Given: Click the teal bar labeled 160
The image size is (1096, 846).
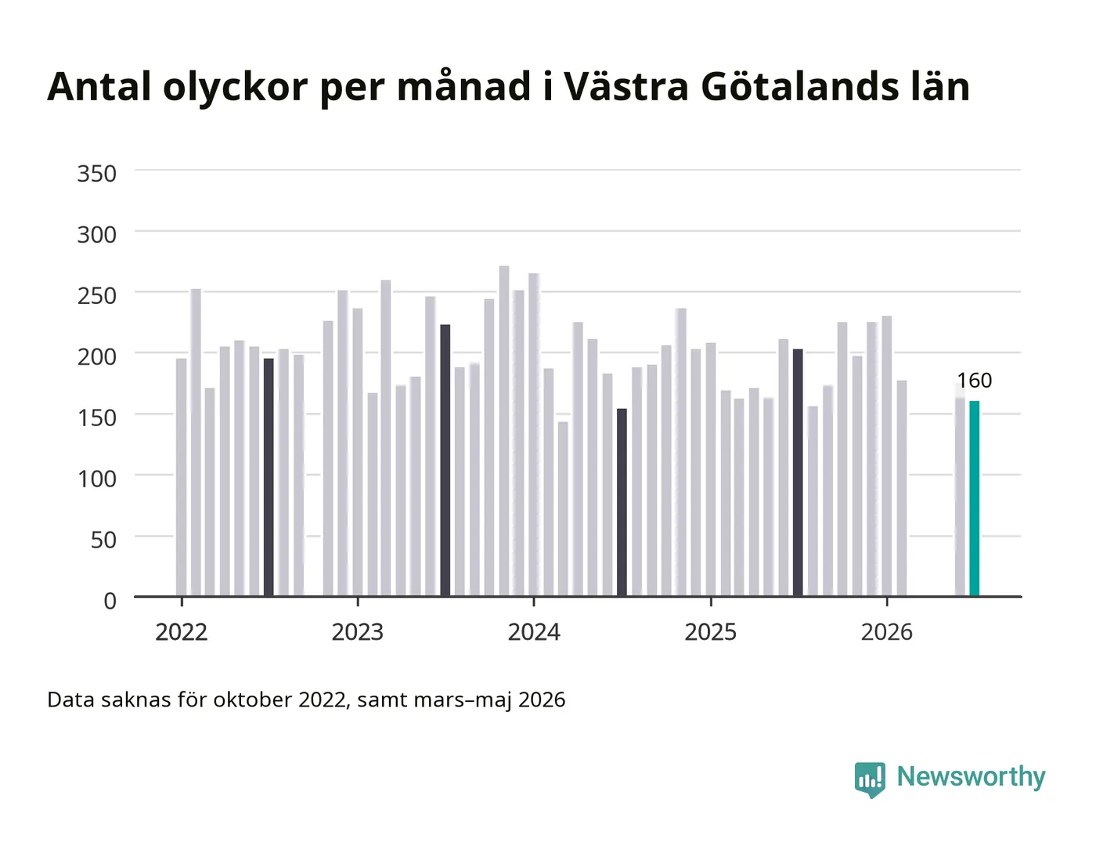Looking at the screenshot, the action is click(975, 498).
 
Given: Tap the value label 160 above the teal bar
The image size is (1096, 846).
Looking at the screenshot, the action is click(975, 381).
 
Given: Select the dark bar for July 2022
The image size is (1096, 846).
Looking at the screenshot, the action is click(269, 477).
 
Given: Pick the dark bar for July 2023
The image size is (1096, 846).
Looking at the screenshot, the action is click(445, 460).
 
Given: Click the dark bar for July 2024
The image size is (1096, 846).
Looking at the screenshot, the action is click(622, 502).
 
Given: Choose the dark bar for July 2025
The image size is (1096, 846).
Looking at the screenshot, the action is click(798, 472).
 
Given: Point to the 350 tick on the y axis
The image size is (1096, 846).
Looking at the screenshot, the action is click(97, 174).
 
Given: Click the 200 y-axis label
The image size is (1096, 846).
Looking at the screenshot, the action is click(97, 356).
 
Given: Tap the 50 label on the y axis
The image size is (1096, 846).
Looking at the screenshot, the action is click(103, 540).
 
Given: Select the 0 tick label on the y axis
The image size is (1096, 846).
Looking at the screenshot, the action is click(110, 601).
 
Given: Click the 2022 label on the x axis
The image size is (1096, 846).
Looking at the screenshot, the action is click(182, 632).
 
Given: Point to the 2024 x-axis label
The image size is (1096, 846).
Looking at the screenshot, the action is click(534, 632).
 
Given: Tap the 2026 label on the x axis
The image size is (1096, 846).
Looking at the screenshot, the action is click(887, 632).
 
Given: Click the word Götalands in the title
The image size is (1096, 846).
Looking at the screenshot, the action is click(800, 86).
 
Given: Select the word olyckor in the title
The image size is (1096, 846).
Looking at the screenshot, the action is click(236, 87).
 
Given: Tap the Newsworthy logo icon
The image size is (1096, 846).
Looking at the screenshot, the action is click(870, 779).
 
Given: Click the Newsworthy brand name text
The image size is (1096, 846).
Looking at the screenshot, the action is click(972, 777).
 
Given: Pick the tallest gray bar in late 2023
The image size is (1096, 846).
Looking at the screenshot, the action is click(504, 431).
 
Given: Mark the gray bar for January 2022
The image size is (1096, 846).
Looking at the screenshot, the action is click(181, 477).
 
